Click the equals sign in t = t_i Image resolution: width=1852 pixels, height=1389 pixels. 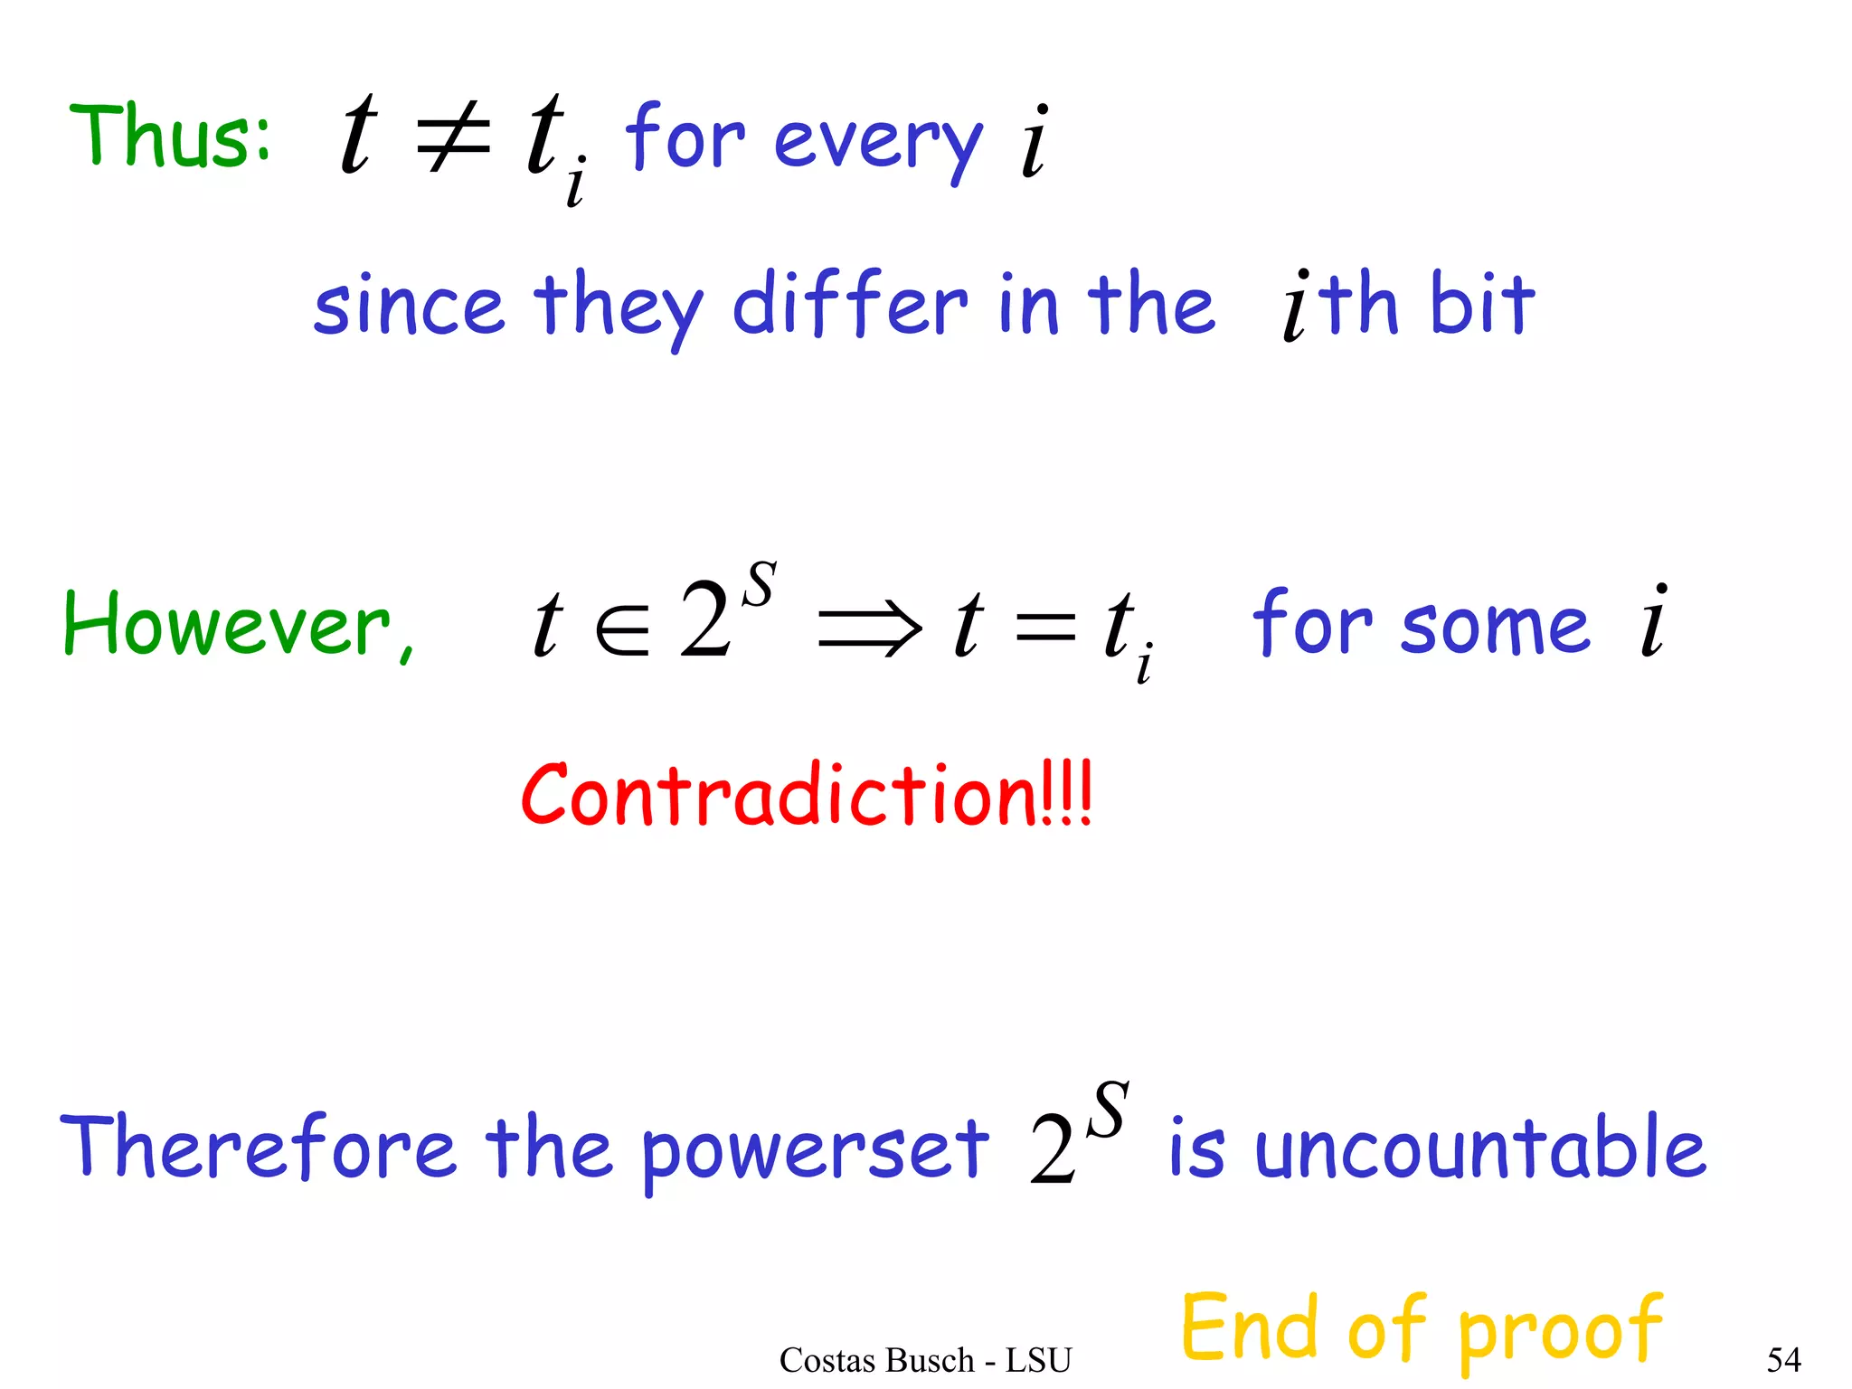click(x=1045, y=627)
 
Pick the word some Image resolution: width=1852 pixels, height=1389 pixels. click(x=1494, y=626)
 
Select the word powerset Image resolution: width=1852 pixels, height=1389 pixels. click(x=816, y=1150)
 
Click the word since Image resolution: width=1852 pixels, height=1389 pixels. click(x=408, y=306)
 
